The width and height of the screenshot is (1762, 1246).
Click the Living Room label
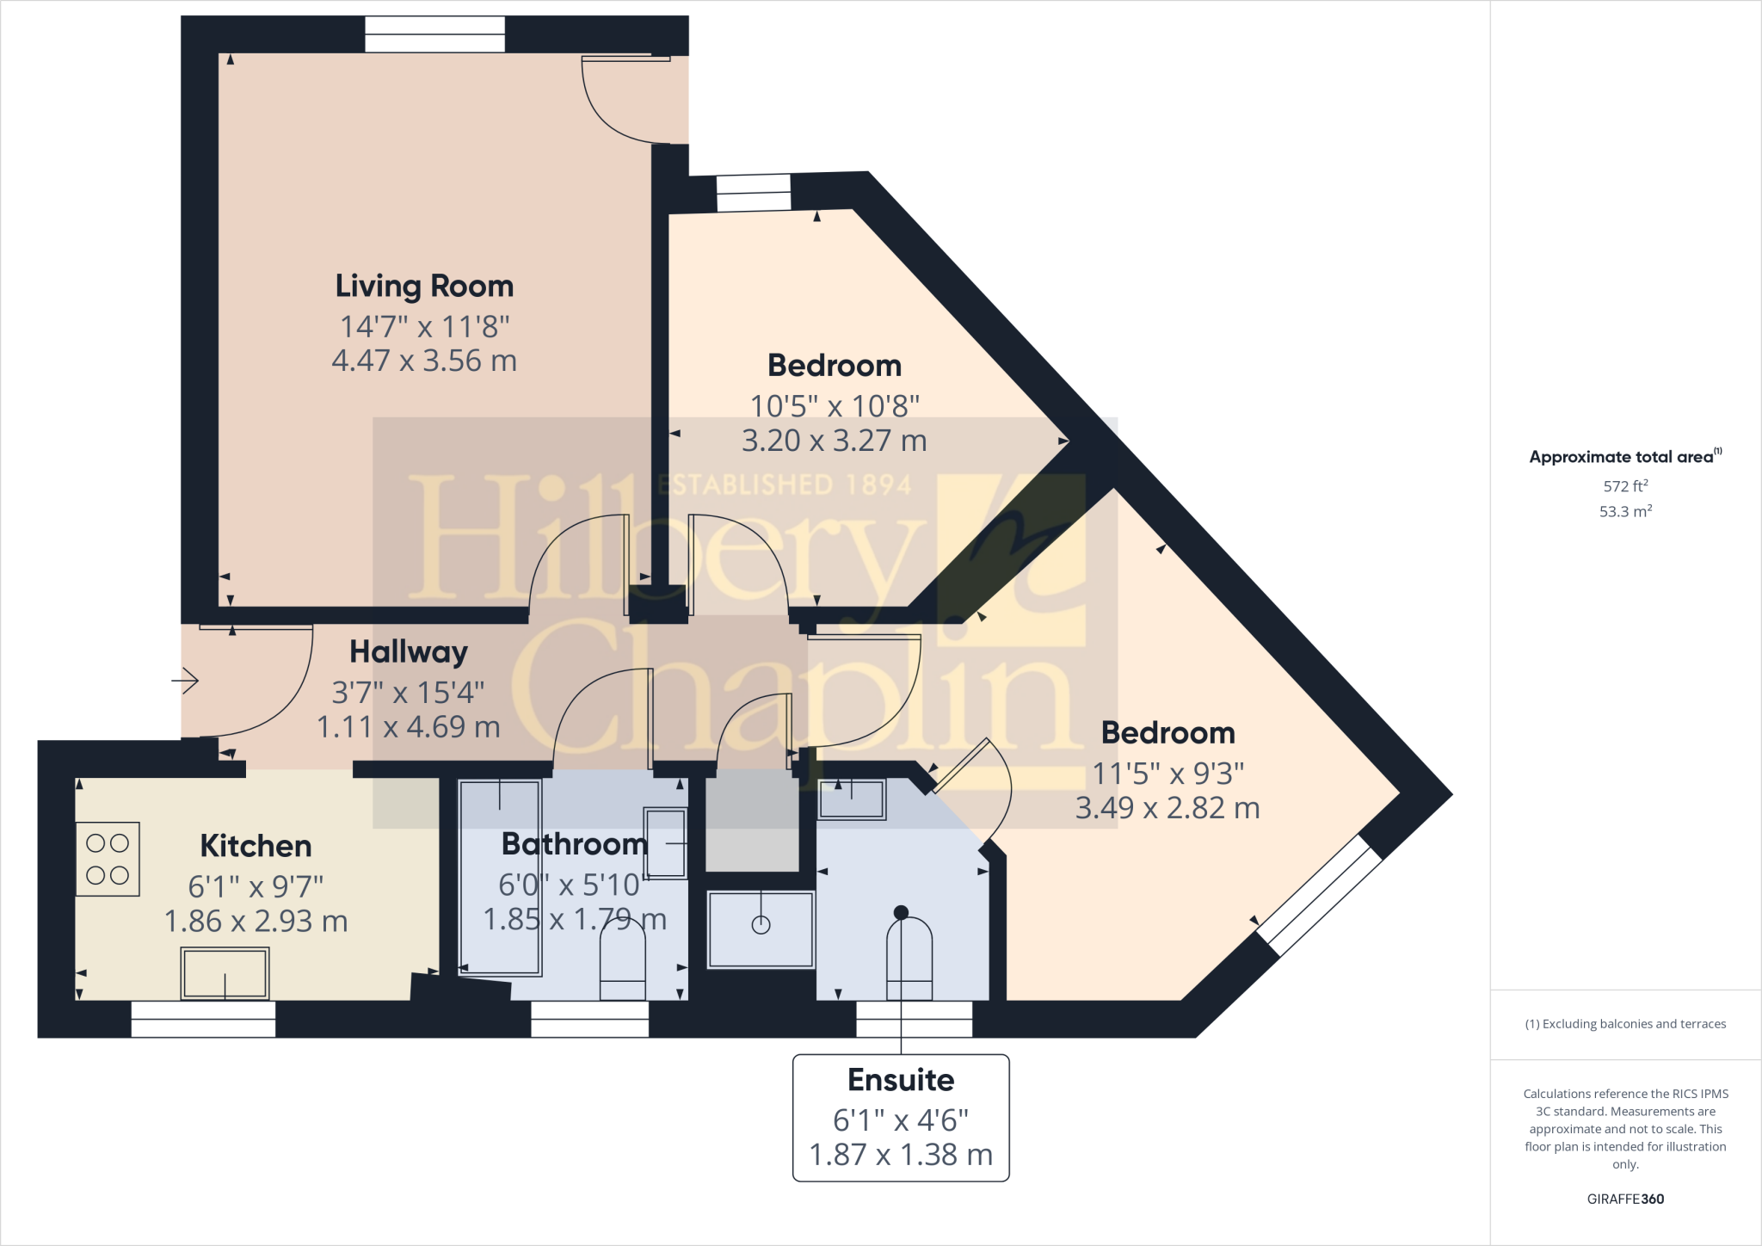[x=424, y=286]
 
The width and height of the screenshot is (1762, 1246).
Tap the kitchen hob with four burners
[x=108, y=859]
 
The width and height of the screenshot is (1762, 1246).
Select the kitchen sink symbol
[x=225, y=973]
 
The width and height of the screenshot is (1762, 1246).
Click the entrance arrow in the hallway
[x=186, y=681]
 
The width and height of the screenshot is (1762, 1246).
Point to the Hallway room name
[x=409, y=651]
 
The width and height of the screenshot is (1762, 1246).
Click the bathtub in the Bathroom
[x=499, y=876]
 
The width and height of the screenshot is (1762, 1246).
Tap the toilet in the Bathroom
[x=622, y=968]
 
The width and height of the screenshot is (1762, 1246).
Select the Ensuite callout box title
[x=901, y=1079]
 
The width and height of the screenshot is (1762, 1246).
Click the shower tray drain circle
[x=761, y=925]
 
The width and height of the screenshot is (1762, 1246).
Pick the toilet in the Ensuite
[x=909, y=959]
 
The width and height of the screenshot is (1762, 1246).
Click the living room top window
[x=434, y=35]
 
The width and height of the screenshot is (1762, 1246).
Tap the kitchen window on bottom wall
[x=203, y=1019]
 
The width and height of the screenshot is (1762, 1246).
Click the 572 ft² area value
[x=1624, y=485]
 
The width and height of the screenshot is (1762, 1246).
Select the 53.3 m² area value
[x=1624, y=511]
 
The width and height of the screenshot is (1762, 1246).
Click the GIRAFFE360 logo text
[x=1624, y=1199]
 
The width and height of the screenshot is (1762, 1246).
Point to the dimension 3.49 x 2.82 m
[x=1167, y=808]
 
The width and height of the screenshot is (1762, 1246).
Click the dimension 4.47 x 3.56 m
[x=424, y=361]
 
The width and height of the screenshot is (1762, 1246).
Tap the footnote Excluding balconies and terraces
[x=1625, y=1024]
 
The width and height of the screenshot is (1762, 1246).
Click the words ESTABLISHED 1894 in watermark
[x=785, y=484]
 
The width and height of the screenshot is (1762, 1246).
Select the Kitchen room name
[x=256, y=846]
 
